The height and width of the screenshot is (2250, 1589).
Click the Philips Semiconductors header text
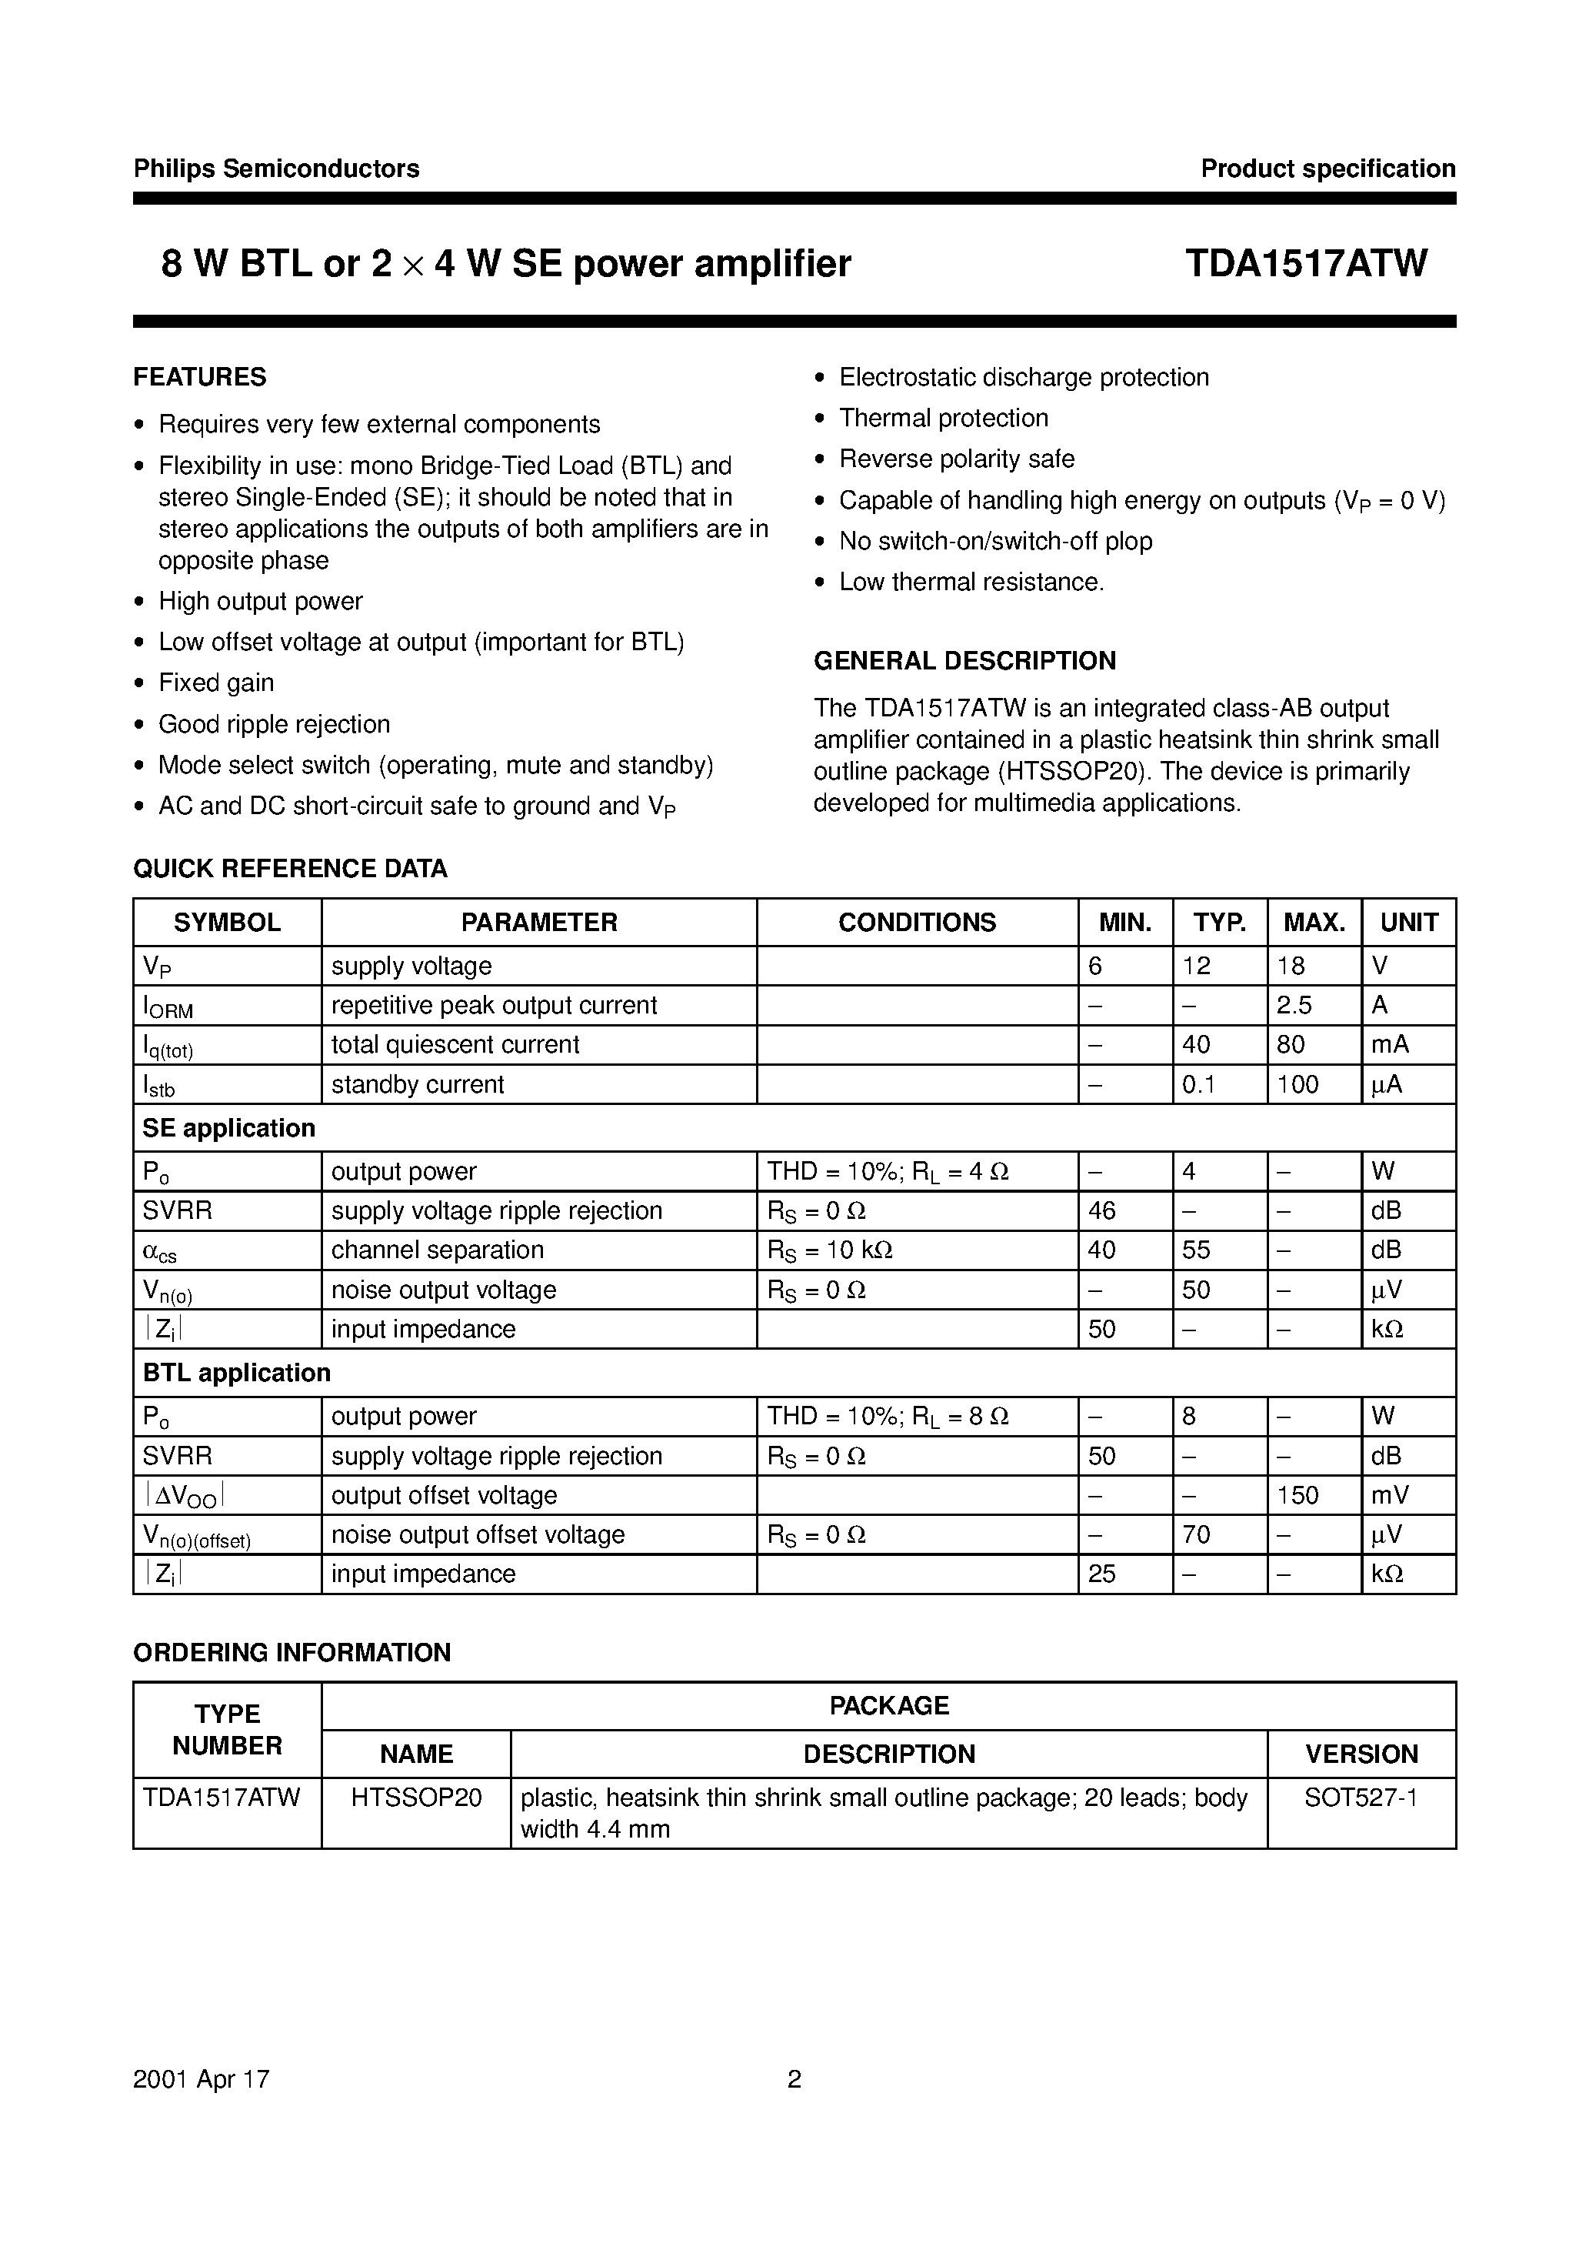tap(276, 169)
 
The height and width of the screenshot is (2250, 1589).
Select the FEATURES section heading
tap(200, 377)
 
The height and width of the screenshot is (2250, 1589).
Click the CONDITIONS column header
tap(916, 922)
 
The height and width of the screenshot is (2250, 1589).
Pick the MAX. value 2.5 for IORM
tap(1294, 1006)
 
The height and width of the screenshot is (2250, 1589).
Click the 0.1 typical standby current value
tap(1198, 1085)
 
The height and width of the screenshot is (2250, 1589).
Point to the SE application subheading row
tap(229, 1128)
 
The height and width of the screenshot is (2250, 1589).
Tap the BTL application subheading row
tap(236, 1373)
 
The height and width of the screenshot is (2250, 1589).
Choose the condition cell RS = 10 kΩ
tap(830, 1251)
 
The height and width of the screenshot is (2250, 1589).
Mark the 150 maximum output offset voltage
tap(1298, 1495)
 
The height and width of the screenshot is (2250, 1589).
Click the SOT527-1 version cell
tap(1361, 1798)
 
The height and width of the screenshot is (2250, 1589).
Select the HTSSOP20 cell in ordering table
tap(416, 1798)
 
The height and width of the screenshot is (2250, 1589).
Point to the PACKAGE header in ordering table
tap(888, 1706)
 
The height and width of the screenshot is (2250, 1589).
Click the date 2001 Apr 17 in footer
tap(201, 2079)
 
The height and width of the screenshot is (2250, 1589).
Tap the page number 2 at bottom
tap(794, 2079)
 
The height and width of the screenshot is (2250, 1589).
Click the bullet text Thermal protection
tap(944, 419)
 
